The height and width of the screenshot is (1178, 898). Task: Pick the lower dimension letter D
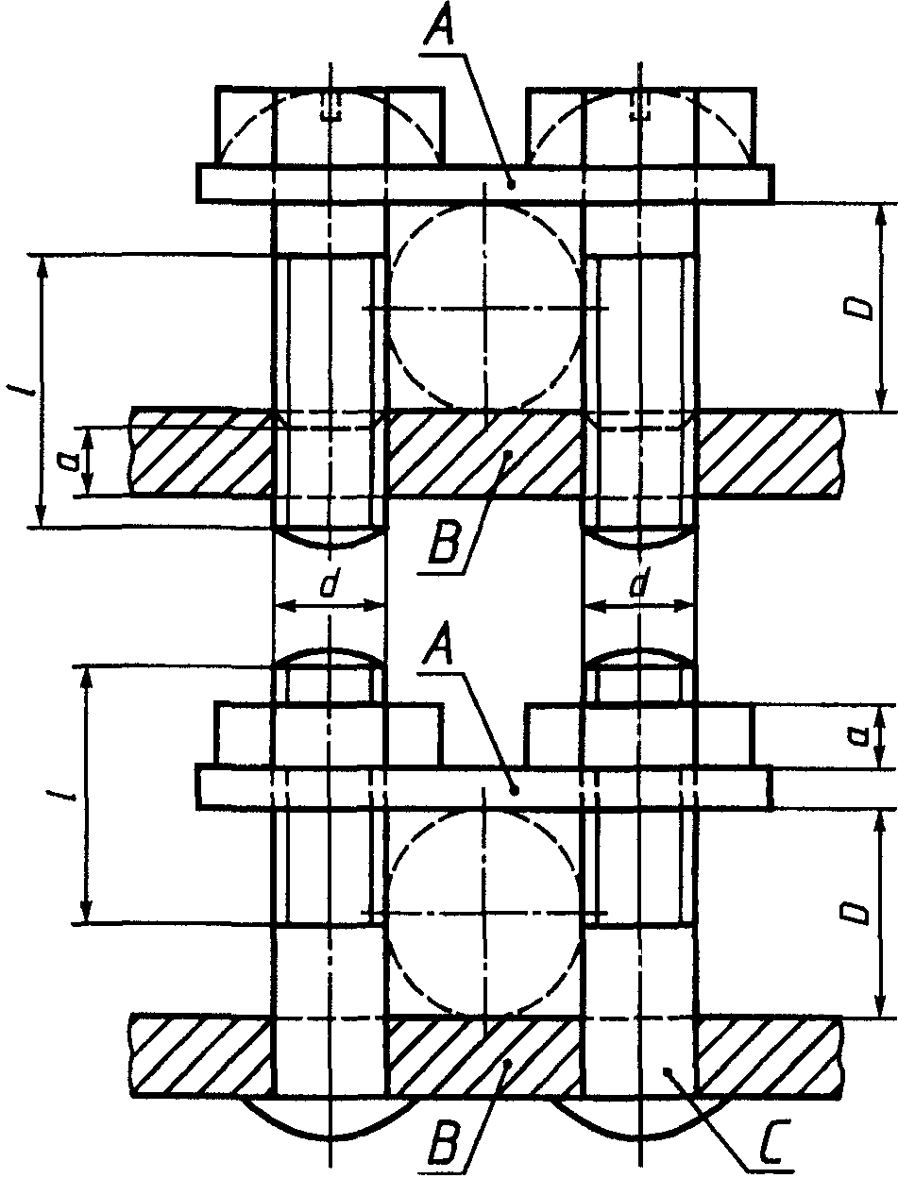pos(857,912)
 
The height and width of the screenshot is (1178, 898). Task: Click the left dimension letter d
pos(329,586)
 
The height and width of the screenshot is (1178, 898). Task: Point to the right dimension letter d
pos(639,586)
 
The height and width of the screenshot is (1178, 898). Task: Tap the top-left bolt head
pos(330,126)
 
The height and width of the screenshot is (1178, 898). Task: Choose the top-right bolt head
pos(640,126)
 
